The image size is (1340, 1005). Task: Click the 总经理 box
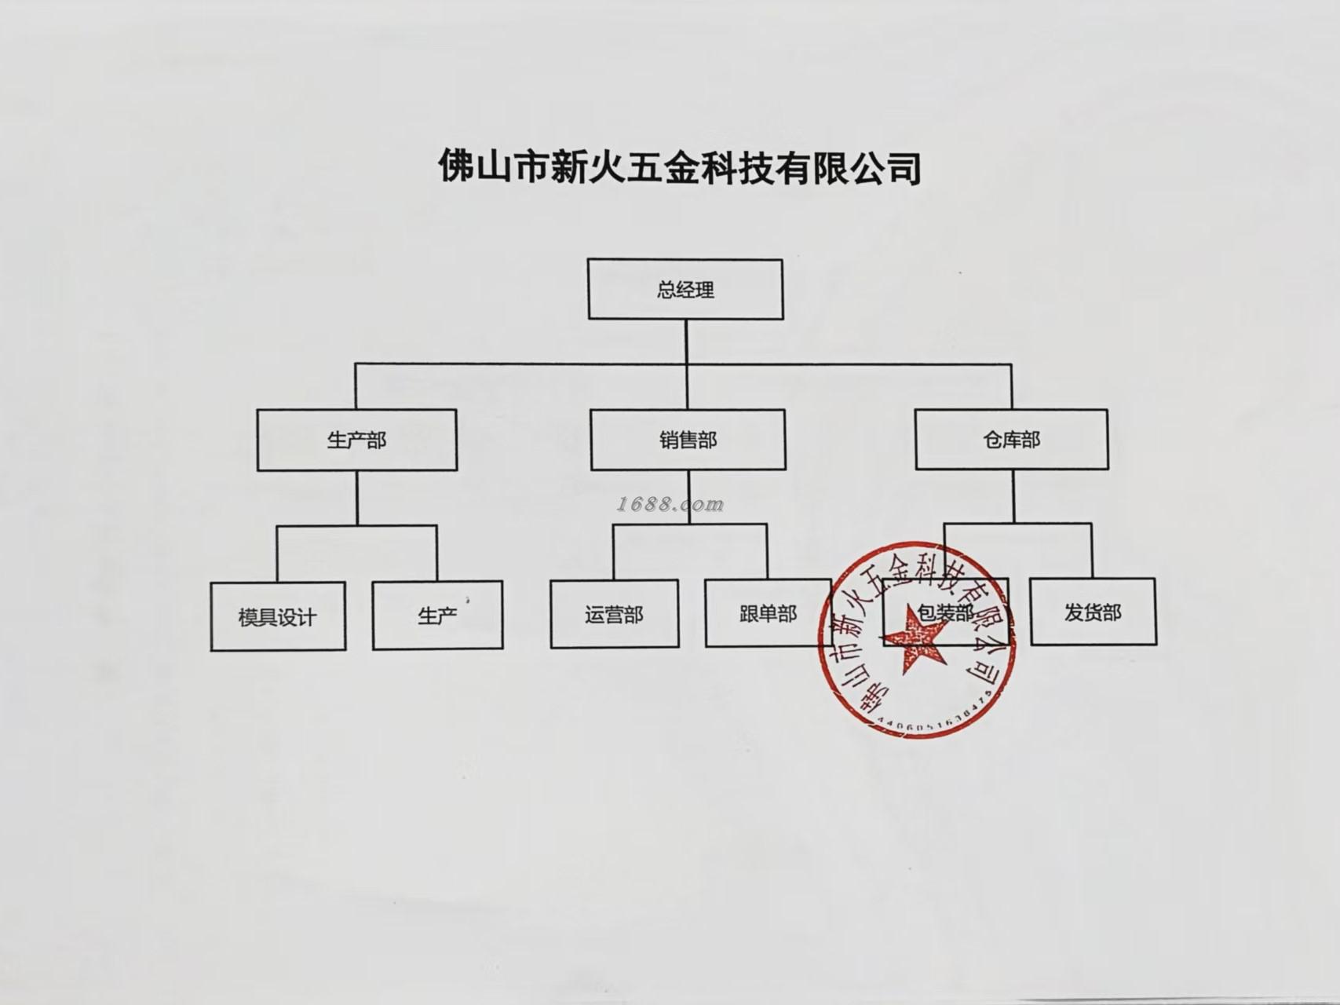pos(685,290)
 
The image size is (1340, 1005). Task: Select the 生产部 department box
pos(357,440)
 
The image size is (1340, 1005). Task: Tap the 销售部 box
pos(688,440)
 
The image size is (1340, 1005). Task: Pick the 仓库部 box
pos(1012,440)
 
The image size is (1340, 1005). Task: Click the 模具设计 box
pos(278,616)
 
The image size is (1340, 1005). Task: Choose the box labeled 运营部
pos(614,614)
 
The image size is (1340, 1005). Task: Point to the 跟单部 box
pos(768,613)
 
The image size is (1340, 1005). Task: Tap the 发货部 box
pos(1093,612)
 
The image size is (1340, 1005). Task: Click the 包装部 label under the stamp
pos(945,612)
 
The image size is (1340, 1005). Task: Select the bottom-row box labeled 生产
pos(437,616)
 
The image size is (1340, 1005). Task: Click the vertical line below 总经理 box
pos(686,342)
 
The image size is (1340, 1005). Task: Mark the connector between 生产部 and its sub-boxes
pos(357,498)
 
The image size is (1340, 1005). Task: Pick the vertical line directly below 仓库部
pos(1013,496)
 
